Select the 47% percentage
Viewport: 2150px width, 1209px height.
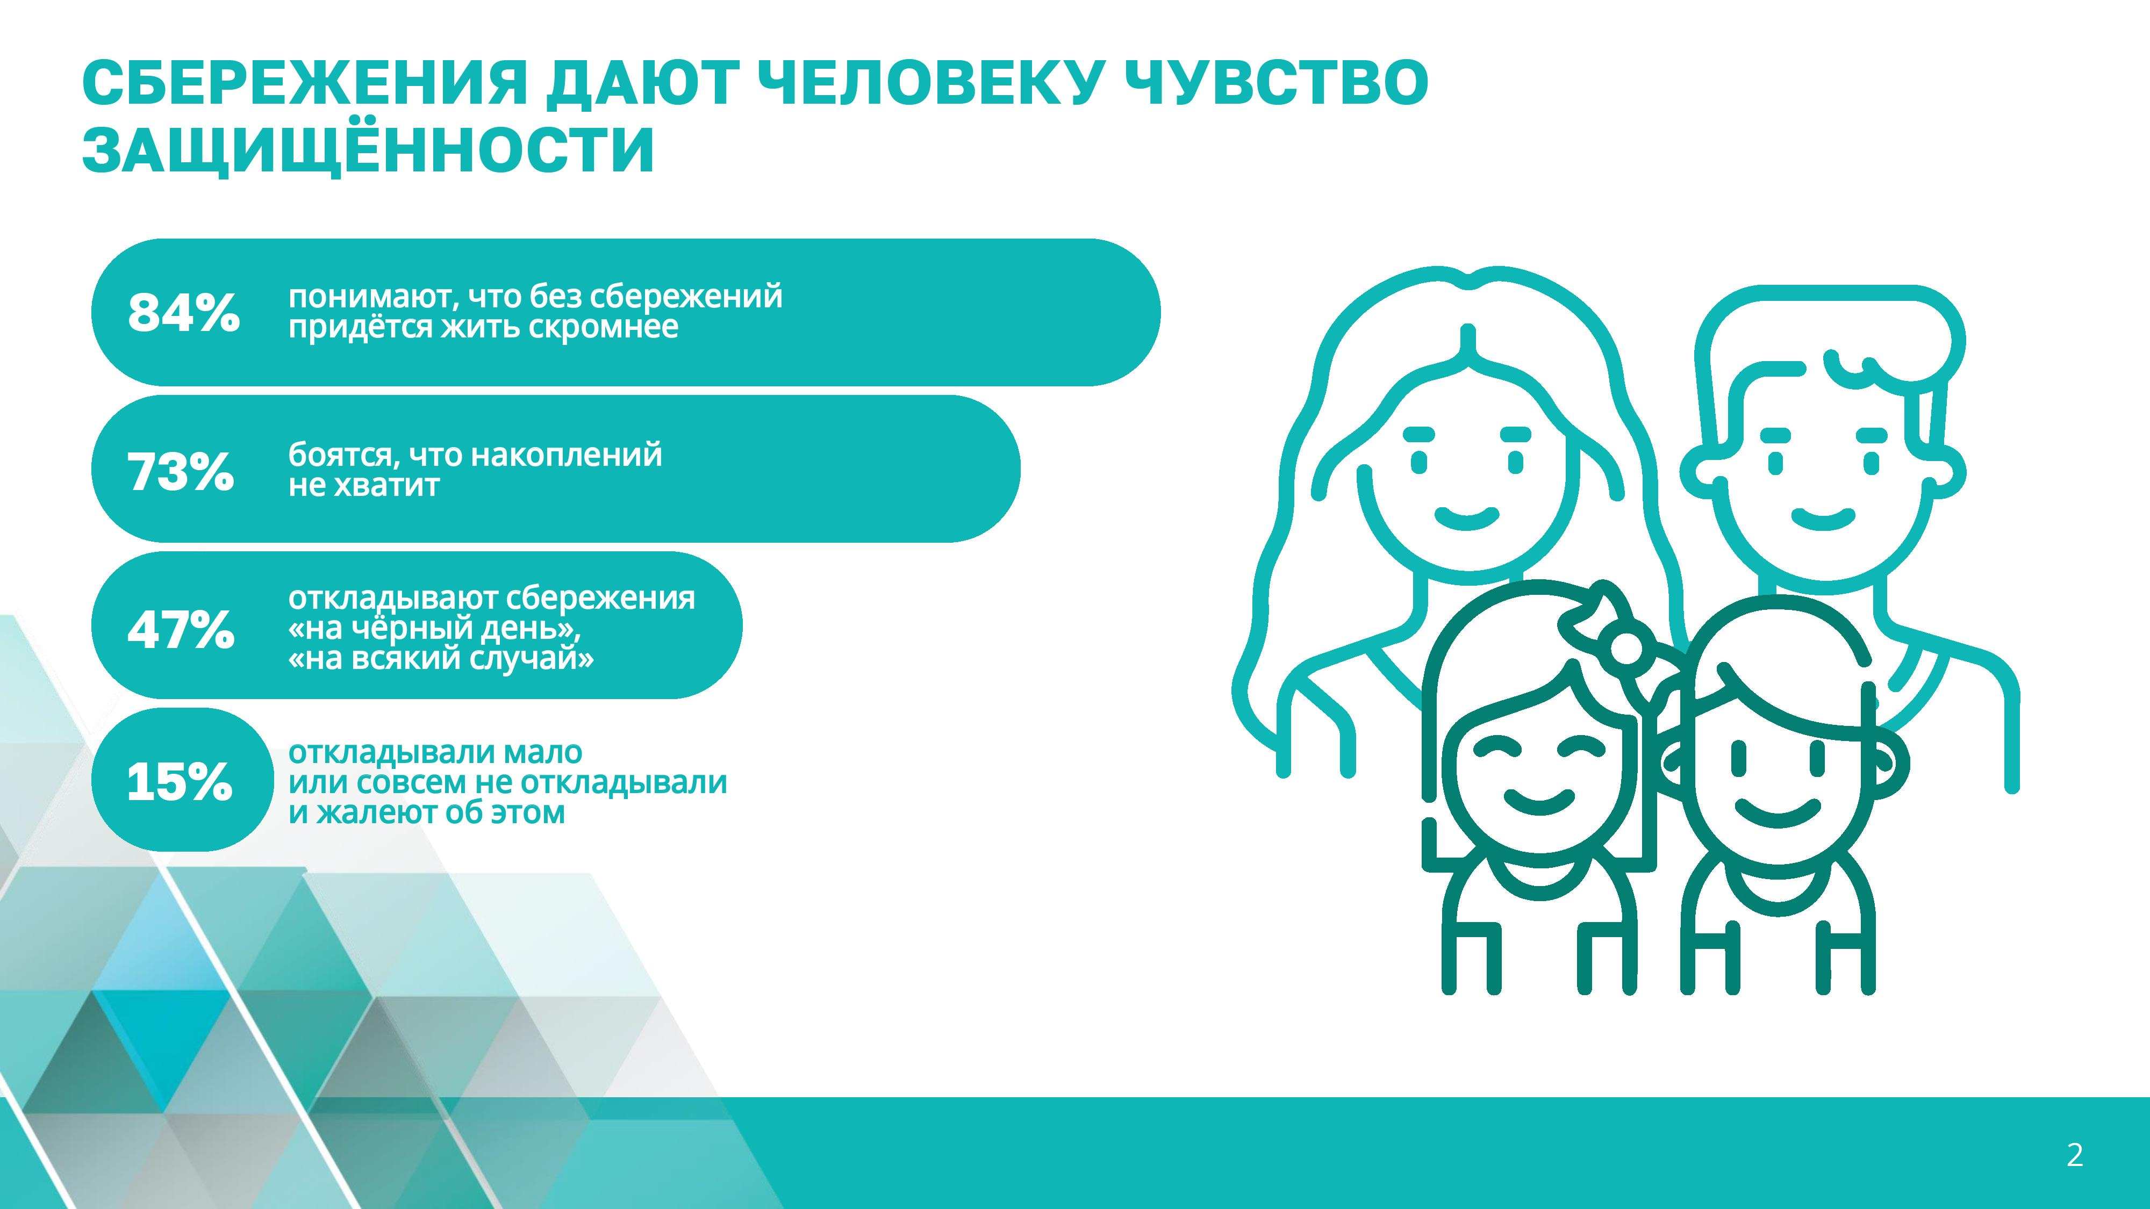point(180,629)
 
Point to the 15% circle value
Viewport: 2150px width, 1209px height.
point(180,783)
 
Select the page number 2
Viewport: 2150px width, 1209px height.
point(2075,1155)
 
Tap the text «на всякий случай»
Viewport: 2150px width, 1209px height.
point(441,659)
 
